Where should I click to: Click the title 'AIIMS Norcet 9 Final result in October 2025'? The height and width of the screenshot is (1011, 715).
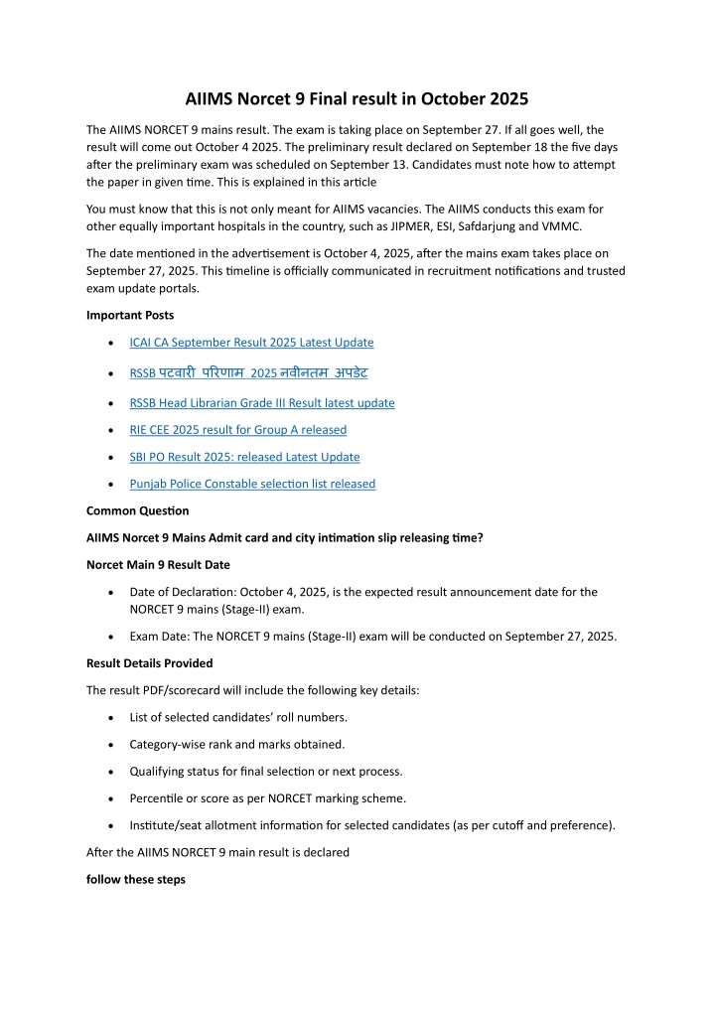tap(357, 99)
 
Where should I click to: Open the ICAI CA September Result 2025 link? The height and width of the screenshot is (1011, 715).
tap(251, 343)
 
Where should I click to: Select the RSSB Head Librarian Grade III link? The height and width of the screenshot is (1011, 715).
tap(262, 403)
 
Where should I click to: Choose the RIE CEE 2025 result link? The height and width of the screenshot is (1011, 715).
tap(238, 430)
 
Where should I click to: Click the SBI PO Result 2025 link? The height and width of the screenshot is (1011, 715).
tap(244, 457)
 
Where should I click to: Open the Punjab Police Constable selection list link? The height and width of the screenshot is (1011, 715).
tap(252, 484)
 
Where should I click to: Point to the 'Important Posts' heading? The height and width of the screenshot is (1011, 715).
tap(129, 315)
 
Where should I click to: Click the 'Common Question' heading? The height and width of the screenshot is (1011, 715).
tap(137, 511)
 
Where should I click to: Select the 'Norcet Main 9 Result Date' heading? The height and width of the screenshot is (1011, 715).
tap(158, 565)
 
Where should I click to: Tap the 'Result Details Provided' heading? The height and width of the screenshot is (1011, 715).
tap(149, 662)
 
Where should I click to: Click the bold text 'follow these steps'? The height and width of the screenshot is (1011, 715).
tap(135, 880)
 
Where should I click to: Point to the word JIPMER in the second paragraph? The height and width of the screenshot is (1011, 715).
tap(439, 225)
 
